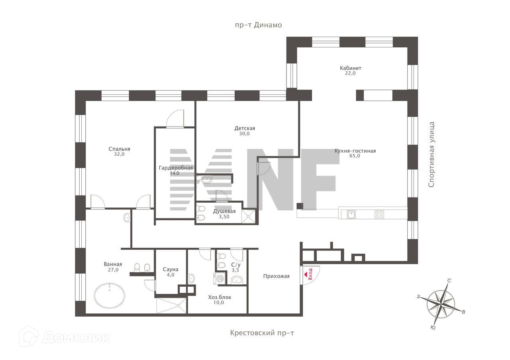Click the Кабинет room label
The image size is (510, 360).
point(351,68)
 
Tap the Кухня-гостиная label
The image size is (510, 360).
point(355,151)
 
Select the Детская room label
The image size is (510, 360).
point(245,128)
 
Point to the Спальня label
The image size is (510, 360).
point(119,149)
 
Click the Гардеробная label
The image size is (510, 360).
point(176,168)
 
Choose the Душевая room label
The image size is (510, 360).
point(224,211)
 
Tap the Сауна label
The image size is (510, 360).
point(171,269)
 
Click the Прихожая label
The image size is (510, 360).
point(276,276)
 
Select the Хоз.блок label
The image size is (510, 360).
point(220,297)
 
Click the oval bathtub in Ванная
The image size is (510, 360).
point(110,295)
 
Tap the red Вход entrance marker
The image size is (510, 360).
point(309,274)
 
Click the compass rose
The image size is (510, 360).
point(441,304)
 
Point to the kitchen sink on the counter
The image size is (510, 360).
point(351,215)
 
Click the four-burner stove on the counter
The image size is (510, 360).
point(379,215)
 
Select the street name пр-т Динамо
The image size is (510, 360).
point(258,25)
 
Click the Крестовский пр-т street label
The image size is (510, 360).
point(262,333)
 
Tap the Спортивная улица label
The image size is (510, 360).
point(431,155)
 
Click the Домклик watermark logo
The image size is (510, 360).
point(65,337)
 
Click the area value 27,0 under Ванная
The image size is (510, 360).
point(113,270)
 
